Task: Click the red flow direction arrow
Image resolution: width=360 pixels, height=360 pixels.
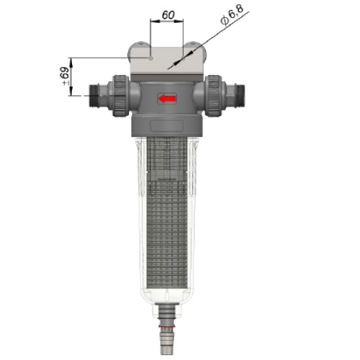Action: [x=167, y=99]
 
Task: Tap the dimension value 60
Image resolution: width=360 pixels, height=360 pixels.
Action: [x=168, y=15]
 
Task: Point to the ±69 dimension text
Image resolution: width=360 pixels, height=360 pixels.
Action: [x=65, y=76]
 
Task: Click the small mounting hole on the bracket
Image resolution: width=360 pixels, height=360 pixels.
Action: [x=150, y=58]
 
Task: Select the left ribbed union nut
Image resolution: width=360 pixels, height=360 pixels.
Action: [x=120, y=96]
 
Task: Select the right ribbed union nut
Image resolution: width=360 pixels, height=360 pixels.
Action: [x=214, y=96]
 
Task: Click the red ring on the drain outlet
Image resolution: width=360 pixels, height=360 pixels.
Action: [x=167, y=327]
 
